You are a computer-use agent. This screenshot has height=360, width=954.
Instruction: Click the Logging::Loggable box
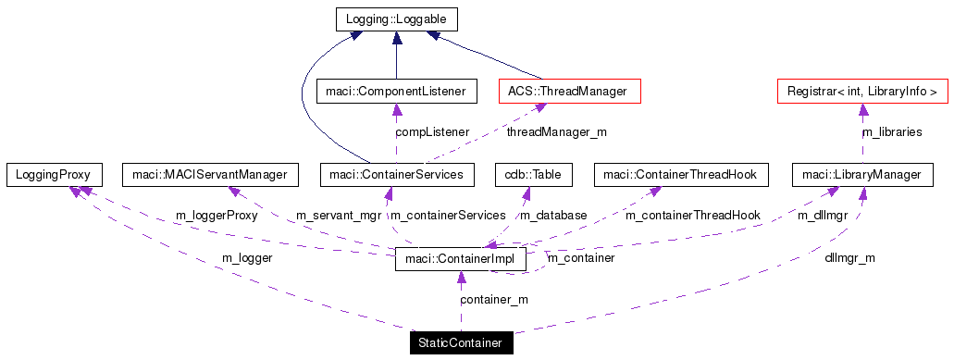pyautogui.click(x=396, y=19)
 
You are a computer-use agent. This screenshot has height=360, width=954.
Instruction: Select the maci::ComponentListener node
pyautogui.click(x=397, y=91)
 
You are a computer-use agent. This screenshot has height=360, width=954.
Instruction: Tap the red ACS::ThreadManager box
pyautogui.click(x=569, y=91)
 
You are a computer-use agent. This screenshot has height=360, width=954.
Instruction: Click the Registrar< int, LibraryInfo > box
pyautogui.click(x=861, y=91)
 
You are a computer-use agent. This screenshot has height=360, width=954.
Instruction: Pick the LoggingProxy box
pyautogui.click(x=53, y=174)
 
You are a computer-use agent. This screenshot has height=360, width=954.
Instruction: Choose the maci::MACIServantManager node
pyautogui.click(x=210, y=174)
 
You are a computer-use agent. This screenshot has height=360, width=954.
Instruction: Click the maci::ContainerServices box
pyautogui.click(x=397, y=174)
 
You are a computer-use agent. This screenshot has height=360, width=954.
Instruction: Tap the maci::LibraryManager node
pyautogui.click(x=861, y=174)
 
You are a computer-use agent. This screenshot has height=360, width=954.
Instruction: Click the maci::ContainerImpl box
pyautogui.click(x=461, y=259)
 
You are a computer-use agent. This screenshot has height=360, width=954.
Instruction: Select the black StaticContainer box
pyautogui.click(x=461, y=343)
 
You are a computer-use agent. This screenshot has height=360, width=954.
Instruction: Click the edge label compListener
pyautogui.click(x=432, y=132)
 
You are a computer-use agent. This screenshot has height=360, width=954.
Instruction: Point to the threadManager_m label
pyautogui.click(x=556, y=132)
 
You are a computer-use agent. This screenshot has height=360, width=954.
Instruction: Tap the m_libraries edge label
pyautogui.click(x=891, y=132)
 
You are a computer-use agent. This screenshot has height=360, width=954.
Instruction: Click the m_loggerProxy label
pyautogui.click(x=217, y=216)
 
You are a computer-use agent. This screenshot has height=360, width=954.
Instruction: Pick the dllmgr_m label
pyautogui.click(x=849, y=258)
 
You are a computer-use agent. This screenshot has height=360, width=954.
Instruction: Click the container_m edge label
pyautogui.click(x=494, y=300)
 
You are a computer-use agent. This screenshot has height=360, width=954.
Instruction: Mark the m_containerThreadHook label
pyautogui.click(x=692, y=216)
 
